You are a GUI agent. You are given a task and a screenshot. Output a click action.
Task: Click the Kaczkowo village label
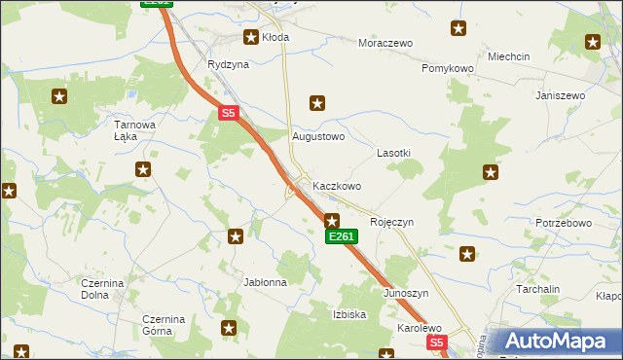pyautogui.click(x=337, y=186)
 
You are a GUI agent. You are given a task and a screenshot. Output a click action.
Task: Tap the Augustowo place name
pyautogui.click(x=319, y=137)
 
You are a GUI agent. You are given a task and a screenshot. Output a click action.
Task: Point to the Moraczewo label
pyautogui.click(x=385, y=44)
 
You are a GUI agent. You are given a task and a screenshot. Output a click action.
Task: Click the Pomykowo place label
pyautogui.click(x=447, y=69)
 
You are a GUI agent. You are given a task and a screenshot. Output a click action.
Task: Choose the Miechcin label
pyautogui.click(x=509, y=56)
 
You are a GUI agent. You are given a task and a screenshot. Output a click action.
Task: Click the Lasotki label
pyautogui.click(x=393, y=154)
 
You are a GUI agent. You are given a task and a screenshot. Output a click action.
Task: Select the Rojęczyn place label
pyautogui.click(x=392, y=222)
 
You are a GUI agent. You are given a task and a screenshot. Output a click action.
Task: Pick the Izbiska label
pyautogui.click(x=349, y=314)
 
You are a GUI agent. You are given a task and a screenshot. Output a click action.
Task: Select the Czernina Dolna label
pyautogui.click(x=101, y=289)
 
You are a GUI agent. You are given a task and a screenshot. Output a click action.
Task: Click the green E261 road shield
pyautogui.click(x=342, y=236)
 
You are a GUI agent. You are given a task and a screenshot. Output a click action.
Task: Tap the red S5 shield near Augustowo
pyautogui.click(x=228, y=114)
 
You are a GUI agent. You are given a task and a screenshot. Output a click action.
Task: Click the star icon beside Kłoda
pyautogui.click(x=249, y=38)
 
